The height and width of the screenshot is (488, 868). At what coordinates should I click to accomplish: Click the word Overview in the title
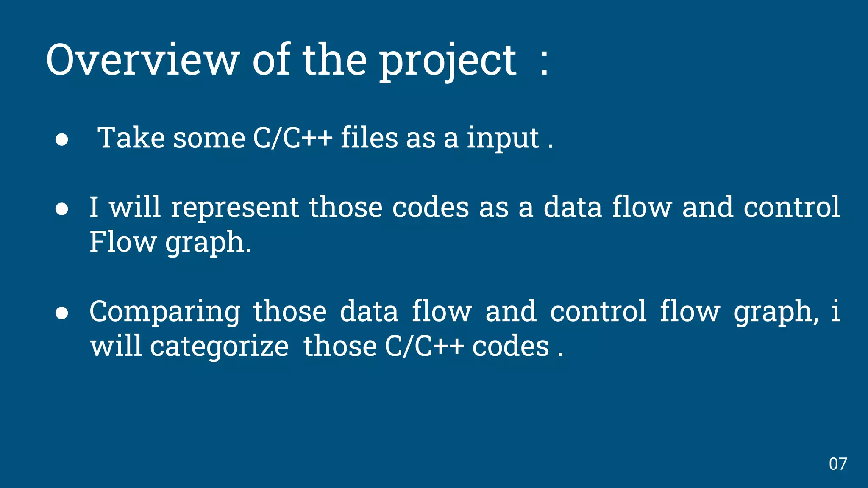click(143, 60)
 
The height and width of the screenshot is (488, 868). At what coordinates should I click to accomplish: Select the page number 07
click(838, 464)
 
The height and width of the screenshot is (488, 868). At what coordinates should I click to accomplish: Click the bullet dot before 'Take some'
click(62, 140)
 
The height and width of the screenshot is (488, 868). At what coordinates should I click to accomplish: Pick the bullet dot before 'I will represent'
click(62, 209)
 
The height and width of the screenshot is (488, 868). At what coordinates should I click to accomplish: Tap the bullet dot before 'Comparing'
click(62, 313)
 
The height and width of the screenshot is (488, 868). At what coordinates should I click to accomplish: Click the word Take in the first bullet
click(131, 138)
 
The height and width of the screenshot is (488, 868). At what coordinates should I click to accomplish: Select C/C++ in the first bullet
click(293, 138)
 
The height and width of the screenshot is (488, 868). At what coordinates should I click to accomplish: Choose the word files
click(369, 138)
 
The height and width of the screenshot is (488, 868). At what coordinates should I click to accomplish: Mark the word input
click(503, 139)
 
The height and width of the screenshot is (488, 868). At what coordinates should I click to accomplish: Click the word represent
click(235, 208)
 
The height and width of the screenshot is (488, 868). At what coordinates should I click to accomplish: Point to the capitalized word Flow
click(123, 242)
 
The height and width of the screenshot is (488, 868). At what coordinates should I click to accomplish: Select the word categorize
click(219, 347)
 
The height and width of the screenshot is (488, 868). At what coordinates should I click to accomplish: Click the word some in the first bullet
click(209, 139)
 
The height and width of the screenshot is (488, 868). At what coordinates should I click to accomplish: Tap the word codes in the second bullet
click(430, 208)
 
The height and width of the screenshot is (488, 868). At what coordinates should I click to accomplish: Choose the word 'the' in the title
click(334, 60)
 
